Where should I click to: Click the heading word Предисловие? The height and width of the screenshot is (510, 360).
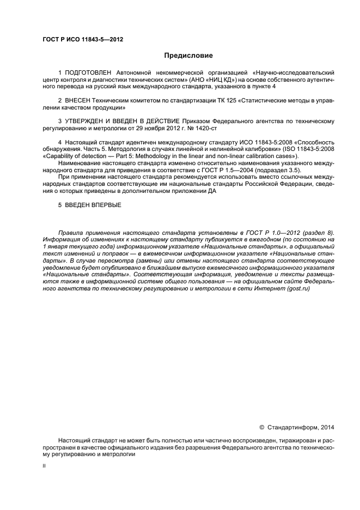point(189,56)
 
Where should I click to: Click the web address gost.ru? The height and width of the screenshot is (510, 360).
point(299,289)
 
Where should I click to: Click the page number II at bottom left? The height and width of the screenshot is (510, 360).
point(45,466)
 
